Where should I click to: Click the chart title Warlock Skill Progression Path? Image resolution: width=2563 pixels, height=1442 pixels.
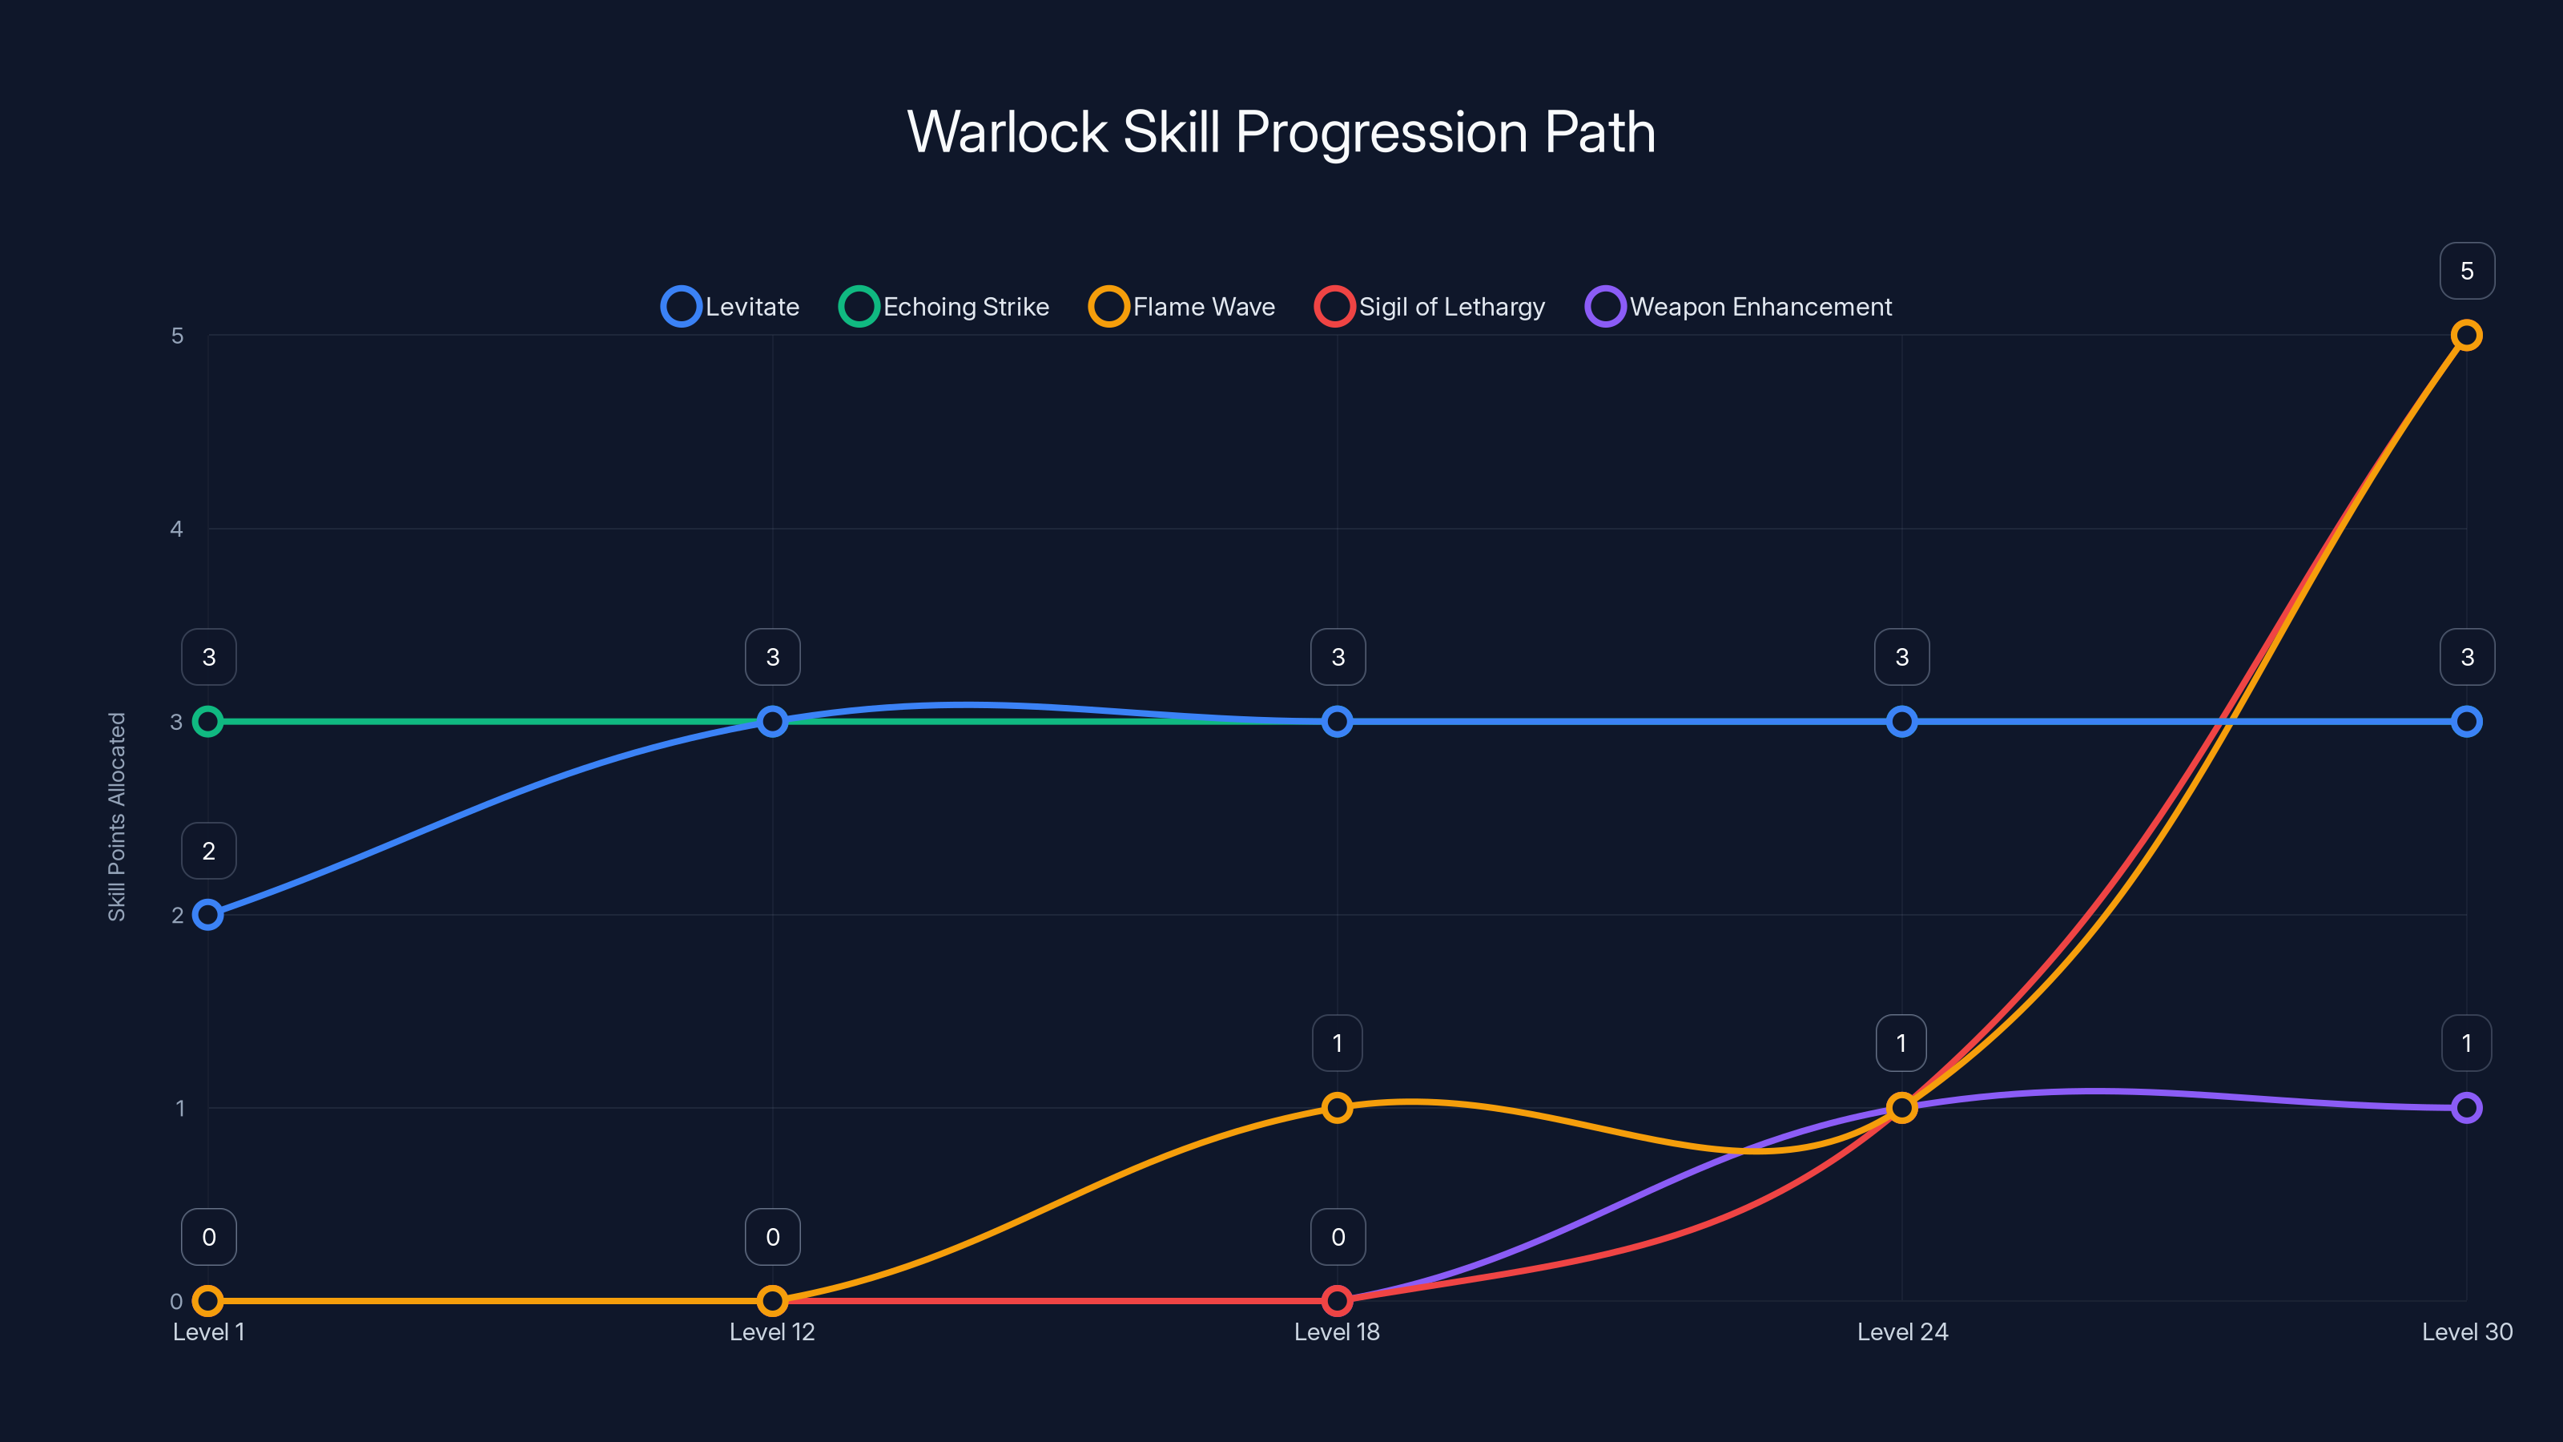pos(1281,132)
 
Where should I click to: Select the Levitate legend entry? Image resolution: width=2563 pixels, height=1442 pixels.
pos(731,307)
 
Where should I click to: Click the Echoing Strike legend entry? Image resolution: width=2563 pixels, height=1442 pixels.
pos(944,307)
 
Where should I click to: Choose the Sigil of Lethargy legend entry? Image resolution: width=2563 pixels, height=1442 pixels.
pos(1430,307)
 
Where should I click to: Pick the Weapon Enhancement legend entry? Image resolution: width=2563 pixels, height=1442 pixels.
pos(1739,307)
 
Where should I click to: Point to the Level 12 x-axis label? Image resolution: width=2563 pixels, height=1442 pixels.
pos(772,1331)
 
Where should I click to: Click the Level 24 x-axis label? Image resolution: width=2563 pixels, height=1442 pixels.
pos(1901,1331)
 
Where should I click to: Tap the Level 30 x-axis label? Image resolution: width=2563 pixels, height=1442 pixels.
pos(2467,1331)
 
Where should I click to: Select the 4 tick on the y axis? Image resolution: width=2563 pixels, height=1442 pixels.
pos(176,529)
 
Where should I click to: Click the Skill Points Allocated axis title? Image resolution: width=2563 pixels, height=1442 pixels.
pos(118,816)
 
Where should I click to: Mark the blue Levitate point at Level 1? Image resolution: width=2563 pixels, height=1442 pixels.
pos(208,915)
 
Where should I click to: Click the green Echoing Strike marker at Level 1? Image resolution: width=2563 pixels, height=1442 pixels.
pos(208,722)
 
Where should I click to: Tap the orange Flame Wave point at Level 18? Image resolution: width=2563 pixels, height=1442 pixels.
pos(1338,1108)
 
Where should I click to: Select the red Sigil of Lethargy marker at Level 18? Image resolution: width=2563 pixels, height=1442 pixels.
pos(1338,1301)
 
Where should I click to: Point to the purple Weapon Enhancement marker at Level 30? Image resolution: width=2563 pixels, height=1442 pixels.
pos(2467,1108)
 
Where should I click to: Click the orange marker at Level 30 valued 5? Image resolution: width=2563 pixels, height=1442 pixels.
pos(2467,336)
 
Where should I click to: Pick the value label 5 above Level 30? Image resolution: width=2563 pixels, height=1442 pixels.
pos(2467,271)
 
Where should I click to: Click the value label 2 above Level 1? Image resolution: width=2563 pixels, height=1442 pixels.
pos(208,851)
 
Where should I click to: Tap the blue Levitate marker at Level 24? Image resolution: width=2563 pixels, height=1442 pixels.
pos(1901,722)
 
